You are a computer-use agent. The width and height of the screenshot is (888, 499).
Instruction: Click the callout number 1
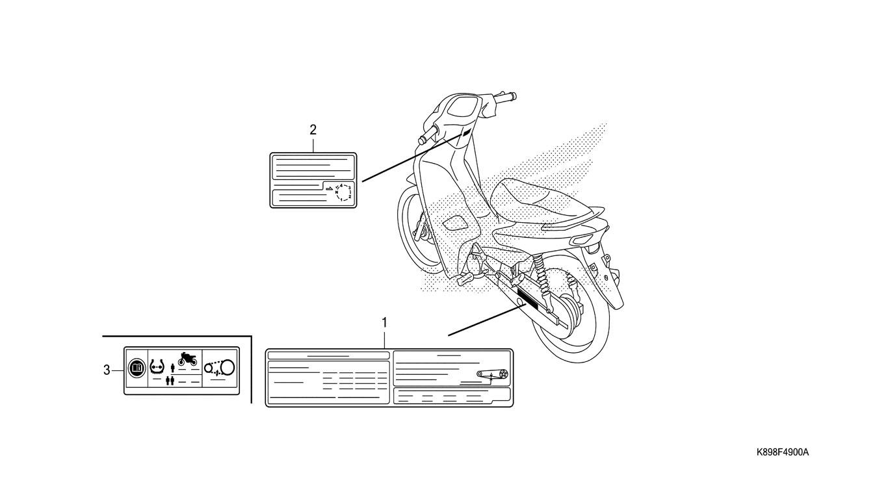click(x=384, y=322)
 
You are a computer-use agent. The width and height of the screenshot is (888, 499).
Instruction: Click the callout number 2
click(x=313, y=129)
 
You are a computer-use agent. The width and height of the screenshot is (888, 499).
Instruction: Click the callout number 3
click(x=107, y=370)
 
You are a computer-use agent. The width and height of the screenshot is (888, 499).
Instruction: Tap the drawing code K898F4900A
click(x=782, y=452)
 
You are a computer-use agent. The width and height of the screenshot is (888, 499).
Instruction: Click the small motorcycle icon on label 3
click(x=187, y=358)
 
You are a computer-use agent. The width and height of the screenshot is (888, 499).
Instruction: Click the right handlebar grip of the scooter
click(x=508, y=97)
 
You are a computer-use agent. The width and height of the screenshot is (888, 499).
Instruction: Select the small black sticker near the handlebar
click(x=465, y=135)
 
